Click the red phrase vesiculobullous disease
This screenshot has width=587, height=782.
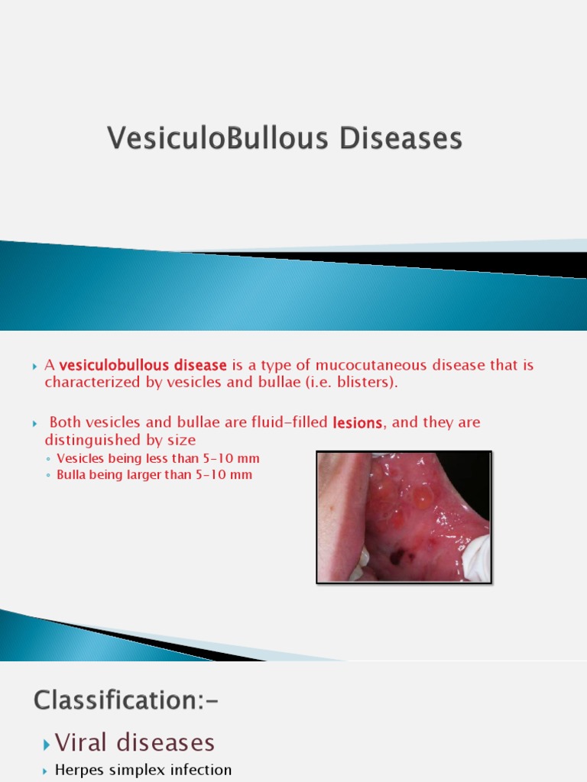(x=143, y=365)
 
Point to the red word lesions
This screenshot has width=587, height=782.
(x=358, y=422)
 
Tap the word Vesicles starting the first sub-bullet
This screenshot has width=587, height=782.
(x=81, y=459)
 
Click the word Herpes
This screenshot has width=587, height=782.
(x=76, y=771)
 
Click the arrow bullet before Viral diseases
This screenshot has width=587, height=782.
(x=47, y=743)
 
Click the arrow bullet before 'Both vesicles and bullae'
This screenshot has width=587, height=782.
(x=34, y=423)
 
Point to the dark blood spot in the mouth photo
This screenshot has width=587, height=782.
(x=398, y=557)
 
